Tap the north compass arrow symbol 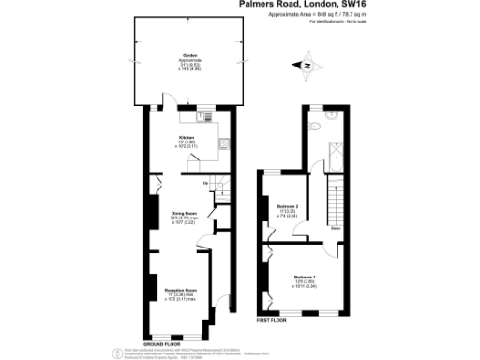tap(307, 65)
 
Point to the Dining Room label tap(184, 215)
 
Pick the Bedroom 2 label tap(290, 206)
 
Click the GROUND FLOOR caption tap(160, 343)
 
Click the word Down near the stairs tap(336, 227)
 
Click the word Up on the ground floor tap(205, 183)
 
